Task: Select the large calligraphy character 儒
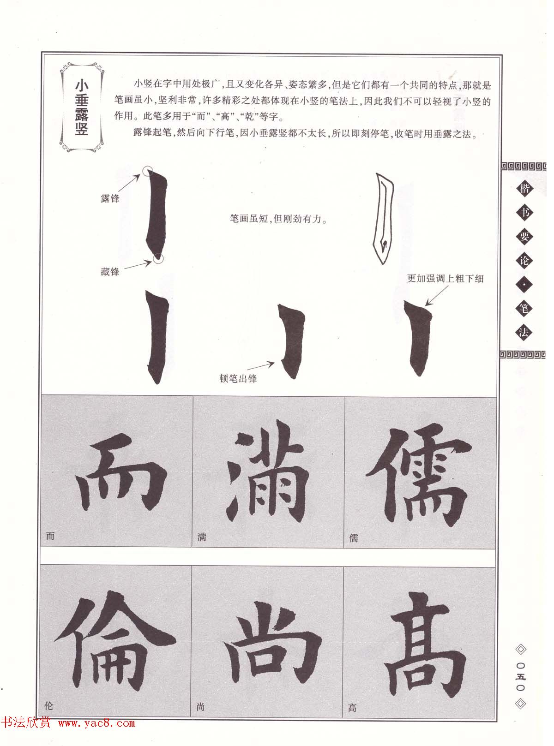(x=418, y=475)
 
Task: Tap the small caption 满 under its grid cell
(x=202, y=537)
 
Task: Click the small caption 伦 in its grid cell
(x=49, y=706)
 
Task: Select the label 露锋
(x=110, y=198)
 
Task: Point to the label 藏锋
(x=110, y=272)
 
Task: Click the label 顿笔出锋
(x=238, y=379)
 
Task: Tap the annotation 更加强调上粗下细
(x=445, y=278)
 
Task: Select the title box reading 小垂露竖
(x=82, y=107)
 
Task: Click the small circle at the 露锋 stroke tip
(x=148, y=172)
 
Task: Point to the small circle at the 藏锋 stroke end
(x=158, y=258)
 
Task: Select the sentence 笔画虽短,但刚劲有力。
(x=278, y=219)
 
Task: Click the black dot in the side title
(x=524, y=285)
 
